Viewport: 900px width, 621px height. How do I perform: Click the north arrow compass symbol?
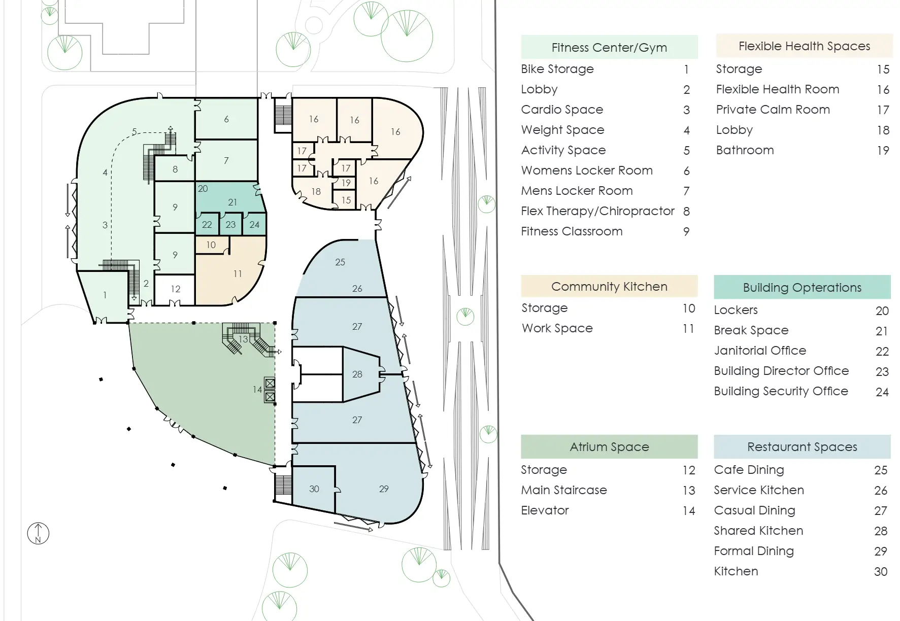38,534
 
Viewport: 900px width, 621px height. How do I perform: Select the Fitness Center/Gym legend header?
609,47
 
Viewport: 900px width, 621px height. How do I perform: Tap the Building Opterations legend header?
802,287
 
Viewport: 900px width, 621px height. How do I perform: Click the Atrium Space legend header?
609,446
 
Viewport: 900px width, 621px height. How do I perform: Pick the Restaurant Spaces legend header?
802,446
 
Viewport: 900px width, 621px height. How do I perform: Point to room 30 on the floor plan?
314,489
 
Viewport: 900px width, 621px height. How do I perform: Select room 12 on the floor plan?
175,289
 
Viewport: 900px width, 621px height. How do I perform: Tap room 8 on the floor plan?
175,169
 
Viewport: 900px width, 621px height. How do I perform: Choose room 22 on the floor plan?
207,224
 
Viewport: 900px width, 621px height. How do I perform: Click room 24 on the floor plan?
254,224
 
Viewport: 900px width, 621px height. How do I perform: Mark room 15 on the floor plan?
346,200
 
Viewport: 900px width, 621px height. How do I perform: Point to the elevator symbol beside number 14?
270,390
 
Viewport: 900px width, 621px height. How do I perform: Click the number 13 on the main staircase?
244,339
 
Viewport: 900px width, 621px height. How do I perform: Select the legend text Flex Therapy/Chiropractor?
597,211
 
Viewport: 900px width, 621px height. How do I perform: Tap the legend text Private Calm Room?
773,110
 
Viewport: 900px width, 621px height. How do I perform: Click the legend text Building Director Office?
781,371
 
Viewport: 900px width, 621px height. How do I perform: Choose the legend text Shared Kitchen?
758,531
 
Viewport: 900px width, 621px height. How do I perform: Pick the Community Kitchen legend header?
609,287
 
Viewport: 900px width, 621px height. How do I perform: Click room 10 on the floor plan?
212,245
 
